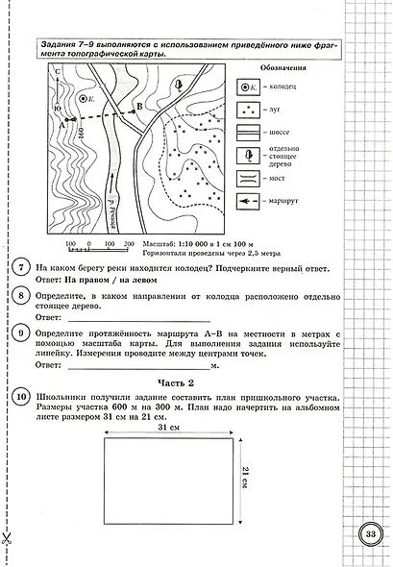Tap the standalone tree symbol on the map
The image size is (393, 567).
179,85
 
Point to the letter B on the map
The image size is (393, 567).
140,106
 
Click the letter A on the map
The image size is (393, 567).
61,123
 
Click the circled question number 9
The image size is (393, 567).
21,333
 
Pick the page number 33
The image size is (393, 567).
370,532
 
